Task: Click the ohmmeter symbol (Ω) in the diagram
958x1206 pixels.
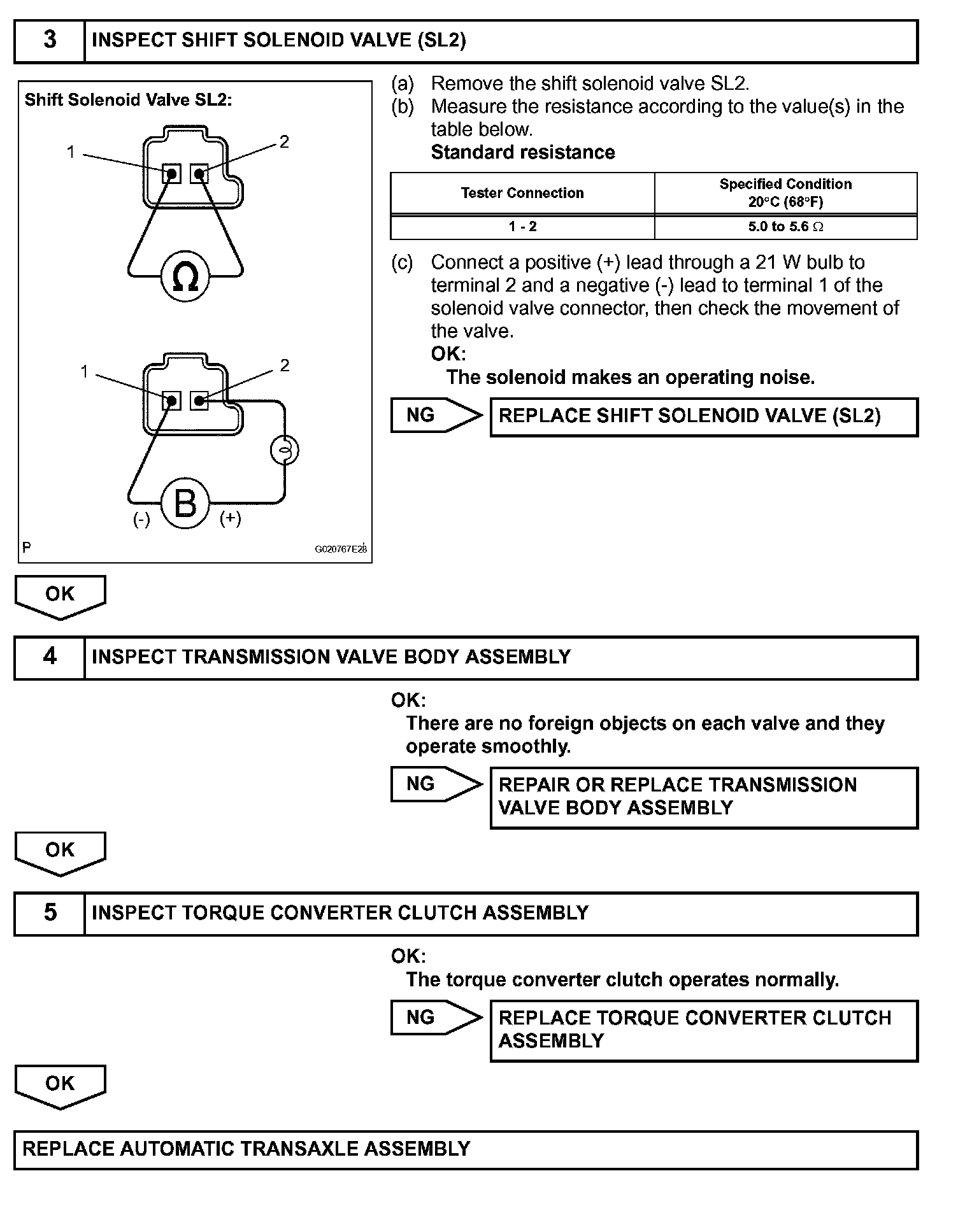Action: (185, 277)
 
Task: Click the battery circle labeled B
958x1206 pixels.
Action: (185, 504)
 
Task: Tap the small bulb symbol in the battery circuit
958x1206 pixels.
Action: (285, 450)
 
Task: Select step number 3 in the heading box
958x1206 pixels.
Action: (50, 40)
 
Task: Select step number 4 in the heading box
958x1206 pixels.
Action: (50, 656)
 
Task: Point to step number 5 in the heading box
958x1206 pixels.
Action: (50, 912)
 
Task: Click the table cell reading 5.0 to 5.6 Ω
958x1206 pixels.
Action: (785, 227)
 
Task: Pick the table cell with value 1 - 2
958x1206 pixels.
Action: (522, 227)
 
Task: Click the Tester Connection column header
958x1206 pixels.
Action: (522, 193)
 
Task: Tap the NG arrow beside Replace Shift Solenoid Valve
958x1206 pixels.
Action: (435, 415)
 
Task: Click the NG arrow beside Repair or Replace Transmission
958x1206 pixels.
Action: (435, 784)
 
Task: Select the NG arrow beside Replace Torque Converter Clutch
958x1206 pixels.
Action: (435, 1017)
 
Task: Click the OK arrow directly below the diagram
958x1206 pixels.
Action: (60, 595)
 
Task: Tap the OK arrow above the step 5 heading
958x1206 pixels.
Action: (60, 851)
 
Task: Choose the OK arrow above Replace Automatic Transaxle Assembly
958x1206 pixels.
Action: (60, 1084)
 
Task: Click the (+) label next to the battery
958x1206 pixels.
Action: (231, 518)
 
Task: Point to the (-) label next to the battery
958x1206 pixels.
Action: (141, 520)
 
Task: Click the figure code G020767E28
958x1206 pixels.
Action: (341, 550)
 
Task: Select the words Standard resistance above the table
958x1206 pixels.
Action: (523, 152)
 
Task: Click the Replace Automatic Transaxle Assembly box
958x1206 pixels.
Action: (465, 1149)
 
